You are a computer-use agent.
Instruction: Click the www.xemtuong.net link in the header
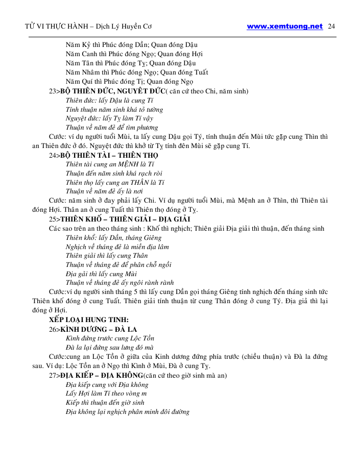tap(284, 26)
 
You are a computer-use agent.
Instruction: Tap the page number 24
tap(331, 26)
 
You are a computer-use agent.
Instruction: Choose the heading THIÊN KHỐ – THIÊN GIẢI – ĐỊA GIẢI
tap(125, 219)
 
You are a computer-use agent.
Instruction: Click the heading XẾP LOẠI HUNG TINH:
tap(85, 320)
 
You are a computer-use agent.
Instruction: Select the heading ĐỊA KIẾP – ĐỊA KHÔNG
tap(102, 376)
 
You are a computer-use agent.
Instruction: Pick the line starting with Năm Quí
tap(129, 82)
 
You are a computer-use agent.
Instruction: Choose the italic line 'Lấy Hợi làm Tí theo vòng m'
tap(106, 394)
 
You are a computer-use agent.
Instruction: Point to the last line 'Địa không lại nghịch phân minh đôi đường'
tap(128, 412)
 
